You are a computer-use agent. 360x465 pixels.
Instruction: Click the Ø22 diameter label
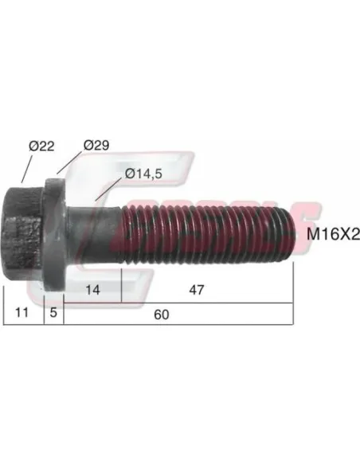(41, 146)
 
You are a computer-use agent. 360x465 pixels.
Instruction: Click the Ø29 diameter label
(96, 146)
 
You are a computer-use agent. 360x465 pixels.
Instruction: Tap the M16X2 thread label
(328, 234)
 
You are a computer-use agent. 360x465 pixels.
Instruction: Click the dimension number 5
(53, 314)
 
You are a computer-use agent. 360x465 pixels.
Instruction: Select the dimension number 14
(92, 291)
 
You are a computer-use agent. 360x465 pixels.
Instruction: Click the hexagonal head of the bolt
(22, 232)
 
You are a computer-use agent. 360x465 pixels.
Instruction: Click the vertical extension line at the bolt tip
(294, 295)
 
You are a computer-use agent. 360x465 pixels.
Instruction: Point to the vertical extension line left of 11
(5, 303)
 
